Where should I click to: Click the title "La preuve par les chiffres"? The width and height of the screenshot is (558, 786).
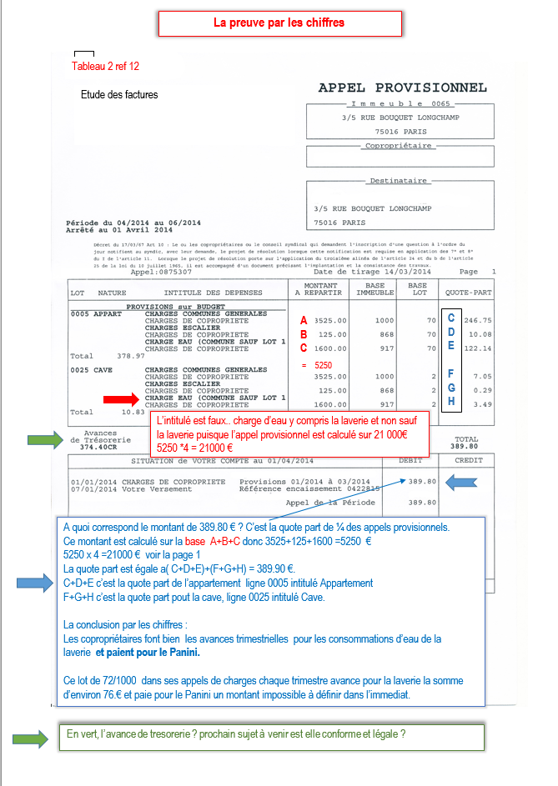[279, 23]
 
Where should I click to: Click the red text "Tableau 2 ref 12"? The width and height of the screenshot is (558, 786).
[105, 66]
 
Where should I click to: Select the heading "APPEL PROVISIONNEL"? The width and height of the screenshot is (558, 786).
[403, 88]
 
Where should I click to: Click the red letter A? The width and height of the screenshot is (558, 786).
[304, 320]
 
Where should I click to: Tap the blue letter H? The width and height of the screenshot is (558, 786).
[451, 403]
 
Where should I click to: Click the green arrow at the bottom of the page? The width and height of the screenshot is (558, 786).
[31, 737]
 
